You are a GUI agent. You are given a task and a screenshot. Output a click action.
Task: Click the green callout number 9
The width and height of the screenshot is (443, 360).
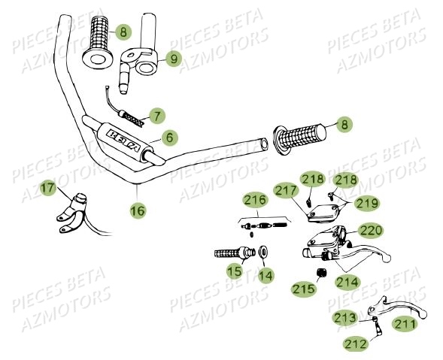[172, 58]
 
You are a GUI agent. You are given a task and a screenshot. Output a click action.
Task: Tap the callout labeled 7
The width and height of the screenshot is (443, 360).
[156, 116]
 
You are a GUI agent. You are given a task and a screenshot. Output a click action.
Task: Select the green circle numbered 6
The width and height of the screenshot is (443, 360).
[170, 138]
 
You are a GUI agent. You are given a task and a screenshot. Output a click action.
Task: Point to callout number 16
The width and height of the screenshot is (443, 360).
[137, 210]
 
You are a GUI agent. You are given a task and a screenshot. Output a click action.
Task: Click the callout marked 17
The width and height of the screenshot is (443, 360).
[47, 188]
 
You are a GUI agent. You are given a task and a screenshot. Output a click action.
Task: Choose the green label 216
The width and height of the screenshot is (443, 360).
[254, 200]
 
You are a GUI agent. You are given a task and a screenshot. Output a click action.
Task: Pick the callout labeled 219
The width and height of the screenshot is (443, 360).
[368, 203]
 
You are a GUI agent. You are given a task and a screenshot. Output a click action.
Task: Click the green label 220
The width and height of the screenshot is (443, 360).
[370, 230]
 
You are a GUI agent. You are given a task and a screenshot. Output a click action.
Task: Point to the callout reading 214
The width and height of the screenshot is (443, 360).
[347, 282]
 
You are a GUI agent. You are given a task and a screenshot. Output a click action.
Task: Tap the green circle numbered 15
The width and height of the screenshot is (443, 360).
[235, 270]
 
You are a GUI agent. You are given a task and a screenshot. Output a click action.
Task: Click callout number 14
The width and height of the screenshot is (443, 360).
[264, 275]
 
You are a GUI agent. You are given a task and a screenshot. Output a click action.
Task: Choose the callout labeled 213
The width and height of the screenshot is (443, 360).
[345, 319]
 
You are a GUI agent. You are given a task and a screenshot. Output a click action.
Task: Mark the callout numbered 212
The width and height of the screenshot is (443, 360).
[357, 343]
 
